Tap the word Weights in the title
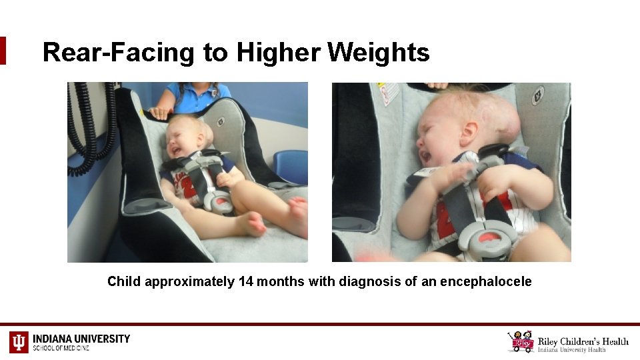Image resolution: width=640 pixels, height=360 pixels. click(379, 52)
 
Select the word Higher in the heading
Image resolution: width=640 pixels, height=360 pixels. click(278, 52)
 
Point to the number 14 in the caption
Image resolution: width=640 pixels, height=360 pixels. click(245, 281)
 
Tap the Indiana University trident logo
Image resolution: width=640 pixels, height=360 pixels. click(19, 342)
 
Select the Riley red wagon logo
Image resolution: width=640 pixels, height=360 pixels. click(521, 341)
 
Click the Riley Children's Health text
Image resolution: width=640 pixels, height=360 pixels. click(583, 342)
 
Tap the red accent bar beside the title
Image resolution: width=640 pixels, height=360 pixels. click(3, 51)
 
